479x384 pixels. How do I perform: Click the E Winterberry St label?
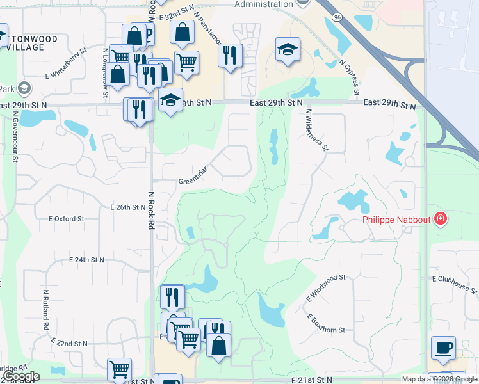pyautogui.click(x=66, y=63)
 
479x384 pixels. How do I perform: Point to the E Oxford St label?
pyautogui.click(x=67, y=218)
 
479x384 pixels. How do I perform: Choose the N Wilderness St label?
pyautogui.click(x=317, y=129)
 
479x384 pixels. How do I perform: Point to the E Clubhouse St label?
pyautogui.click(x=455, y=284)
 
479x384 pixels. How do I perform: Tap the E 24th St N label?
pyautogui.click(x=87, y=260)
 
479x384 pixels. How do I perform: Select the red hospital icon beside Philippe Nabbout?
pyautogui.click(x=440, y=220)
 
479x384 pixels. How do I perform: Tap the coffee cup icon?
pyautogui.click(x=443, y=347)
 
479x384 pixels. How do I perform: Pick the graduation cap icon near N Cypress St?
pyautogui.click(x=288, y=48)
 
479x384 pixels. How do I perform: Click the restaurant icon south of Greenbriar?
pyautogui.click(x=172, y=296)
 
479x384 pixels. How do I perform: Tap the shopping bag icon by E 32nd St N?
pyautogui.click(x=183, y=33)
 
